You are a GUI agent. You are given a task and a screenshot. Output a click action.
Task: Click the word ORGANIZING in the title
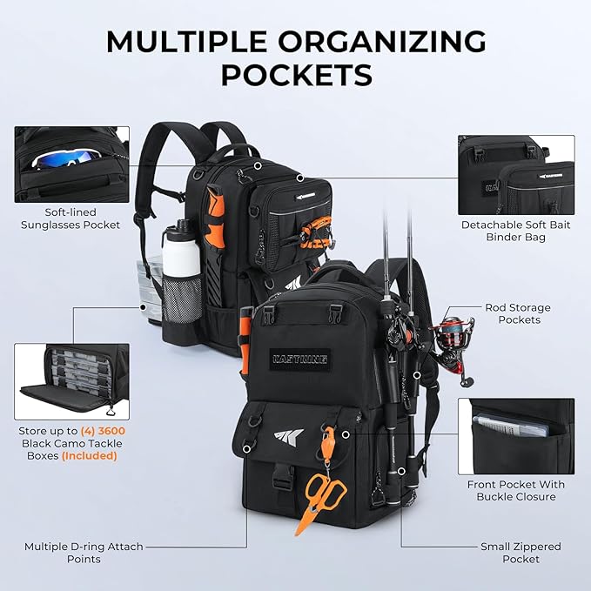[x=382, y=42]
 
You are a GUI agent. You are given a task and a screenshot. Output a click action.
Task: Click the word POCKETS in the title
[x=297, y=75]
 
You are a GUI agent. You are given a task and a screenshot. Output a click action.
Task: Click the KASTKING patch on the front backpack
[x=300, y=359]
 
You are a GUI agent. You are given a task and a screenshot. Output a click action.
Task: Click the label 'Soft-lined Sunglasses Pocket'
[x=71, y=218]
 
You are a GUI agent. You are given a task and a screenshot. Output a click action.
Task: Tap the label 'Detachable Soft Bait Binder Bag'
[x=515, y=231]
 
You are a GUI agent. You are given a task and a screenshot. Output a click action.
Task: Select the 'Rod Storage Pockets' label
[x=518, y=313]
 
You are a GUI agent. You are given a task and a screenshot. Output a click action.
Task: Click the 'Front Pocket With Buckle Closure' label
[x=516, y=490]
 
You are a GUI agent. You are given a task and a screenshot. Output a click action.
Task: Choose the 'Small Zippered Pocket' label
[x=520, y=553]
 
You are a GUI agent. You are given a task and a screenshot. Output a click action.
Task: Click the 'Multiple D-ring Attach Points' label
[x=84, y=553]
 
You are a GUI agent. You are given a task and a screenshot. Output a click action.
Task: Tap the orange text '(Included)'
[x=90, y=456]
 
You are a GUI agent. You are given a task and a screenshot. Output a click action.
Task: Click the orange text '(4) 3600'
[x=103, y=431]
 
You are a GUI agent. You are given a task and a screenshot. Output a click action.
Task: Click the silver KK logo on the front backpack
[x=289, y=436]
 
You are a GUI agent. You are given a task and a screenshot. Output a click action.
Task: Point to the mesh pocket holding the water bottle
[x=182, y=299]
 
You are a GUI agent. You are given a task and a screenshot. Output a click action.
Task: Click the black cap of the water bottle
[x=182, y=225]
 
